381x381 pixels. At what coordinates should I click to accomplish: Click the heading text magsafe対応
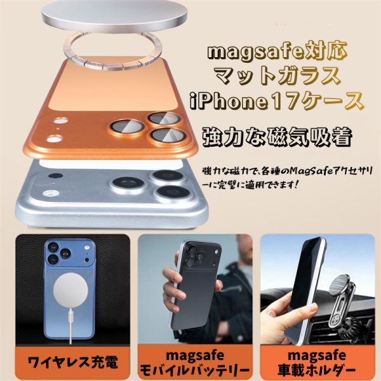point(277,51)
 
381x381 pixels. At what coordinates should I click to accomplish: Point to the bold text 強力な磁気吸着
point(277,137)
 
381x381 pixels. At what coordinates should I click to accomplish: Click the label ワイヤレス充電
point(73,363)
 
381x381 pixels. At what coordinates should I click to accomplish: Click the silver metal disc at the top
point(115,15)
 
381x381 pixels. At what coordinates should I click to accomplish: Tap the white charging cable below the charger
point(70,326)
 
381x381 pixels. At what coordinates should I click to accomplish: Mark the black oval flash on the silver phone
point(55,175)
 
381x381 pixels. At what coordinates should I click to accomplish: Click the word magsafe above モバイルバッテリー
point(195,356)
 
